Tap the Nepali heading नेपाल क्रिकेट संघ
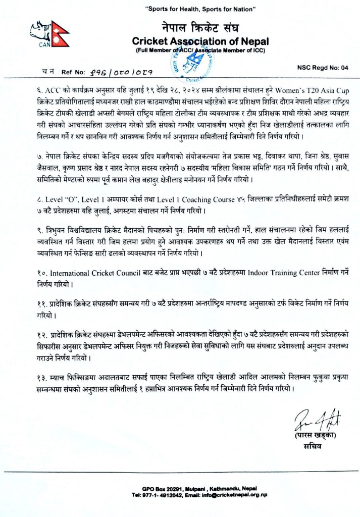(x=200, y=28)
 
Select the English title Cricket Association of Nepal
(x=200, y=41)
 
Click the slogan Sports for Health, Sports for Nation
(x=200, y=9)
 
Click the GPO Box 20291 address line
(x=200, y=489)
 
